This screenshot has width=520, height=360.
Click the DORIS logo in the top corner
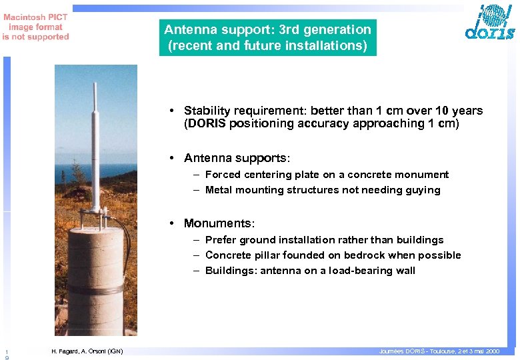[x=490, y=23]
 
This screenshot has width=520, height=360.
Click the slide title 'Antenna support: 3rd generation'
[x=267, y=30]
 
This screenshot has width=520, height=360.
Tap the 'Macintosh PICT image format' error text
[x=35, y=27]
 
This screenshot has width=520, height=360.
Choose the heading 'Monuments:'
[x=219, y=223]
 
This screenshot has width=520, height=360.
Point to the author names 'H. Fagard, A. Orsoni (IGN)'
[x=86, y=351]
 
